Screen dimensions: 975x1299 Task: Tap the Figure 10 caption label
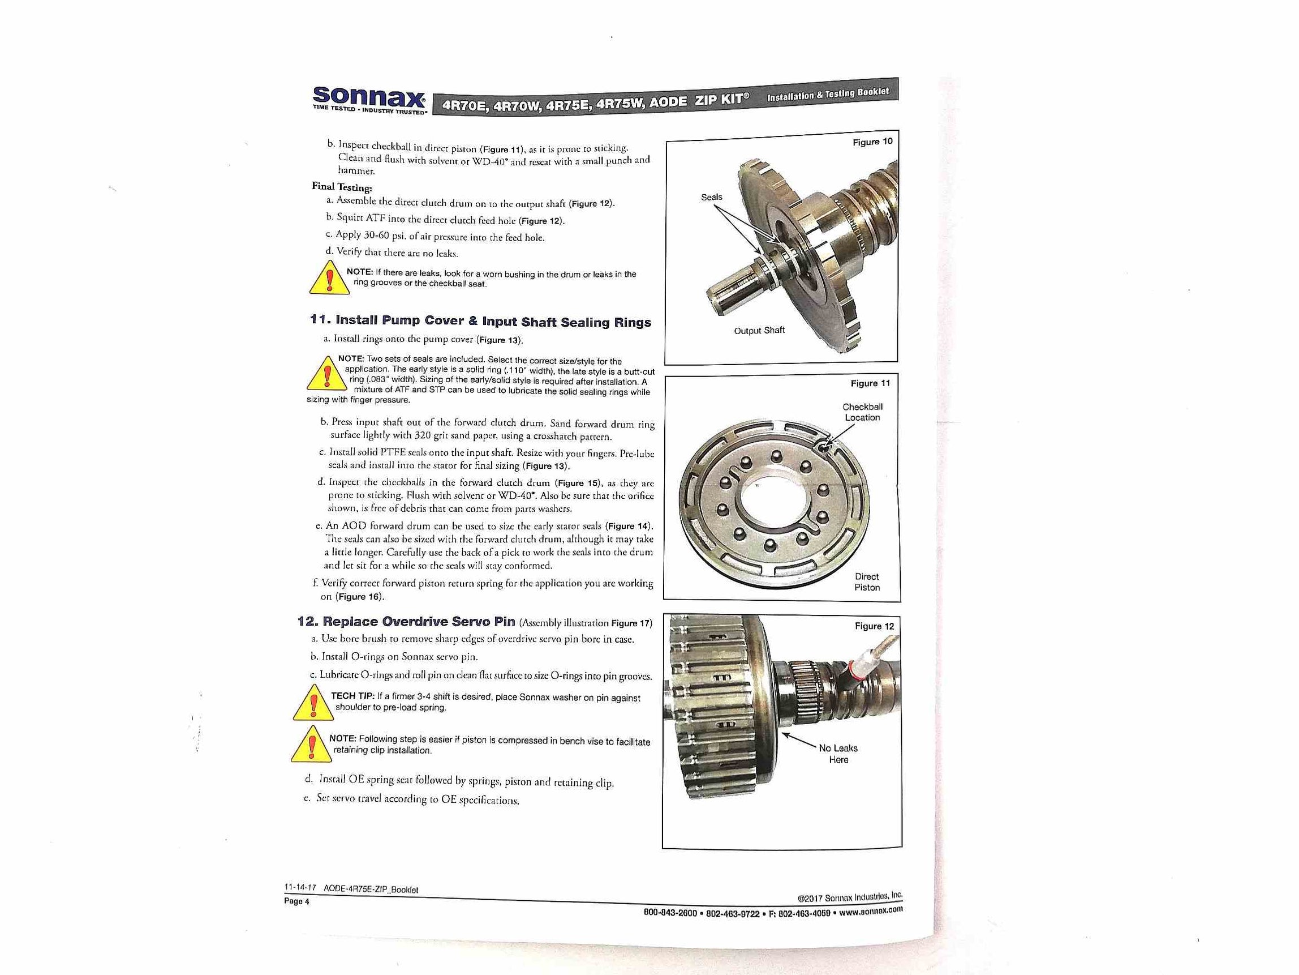(x=872, y=142)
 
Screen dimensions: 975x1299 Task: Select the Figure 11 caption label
(x=870, y=383)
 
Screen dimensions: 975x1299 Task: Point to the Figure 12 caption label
(x=874, y=626)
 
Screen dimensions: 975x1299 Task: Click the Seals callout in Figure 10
(x=711, y=197)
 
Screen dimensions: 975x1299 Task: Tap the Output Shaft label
(x=759, y=330)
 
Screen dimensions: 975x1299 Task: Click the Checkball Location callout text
(x=862, y=412)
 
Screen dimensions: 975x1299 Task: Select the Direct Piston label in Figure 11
(x=866, y=582)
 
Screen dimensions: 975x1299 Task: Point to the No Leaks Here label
(x=838, y=754)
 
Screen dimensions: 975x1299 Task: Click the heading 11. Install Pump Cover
(x=480, y=321)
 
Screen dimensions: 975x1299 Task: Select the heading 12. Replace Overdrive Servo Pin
(x=406, y=621)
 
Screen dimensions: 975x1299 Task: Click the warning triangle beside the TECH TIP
(x=313, y=703)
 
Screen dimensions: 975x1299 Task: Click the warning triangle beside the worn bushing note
(x=330, y=279)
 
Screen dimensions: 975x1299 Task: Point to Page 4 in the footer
(x=296, y=901)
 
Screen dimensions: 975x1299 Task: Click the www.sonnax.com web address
(x=870, y=911)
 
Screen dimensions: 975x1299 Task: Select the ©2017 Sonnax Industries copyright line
(x=849, y=897)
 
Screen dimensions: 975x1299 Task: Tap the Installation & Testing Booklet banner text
(x=828, y=93)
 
